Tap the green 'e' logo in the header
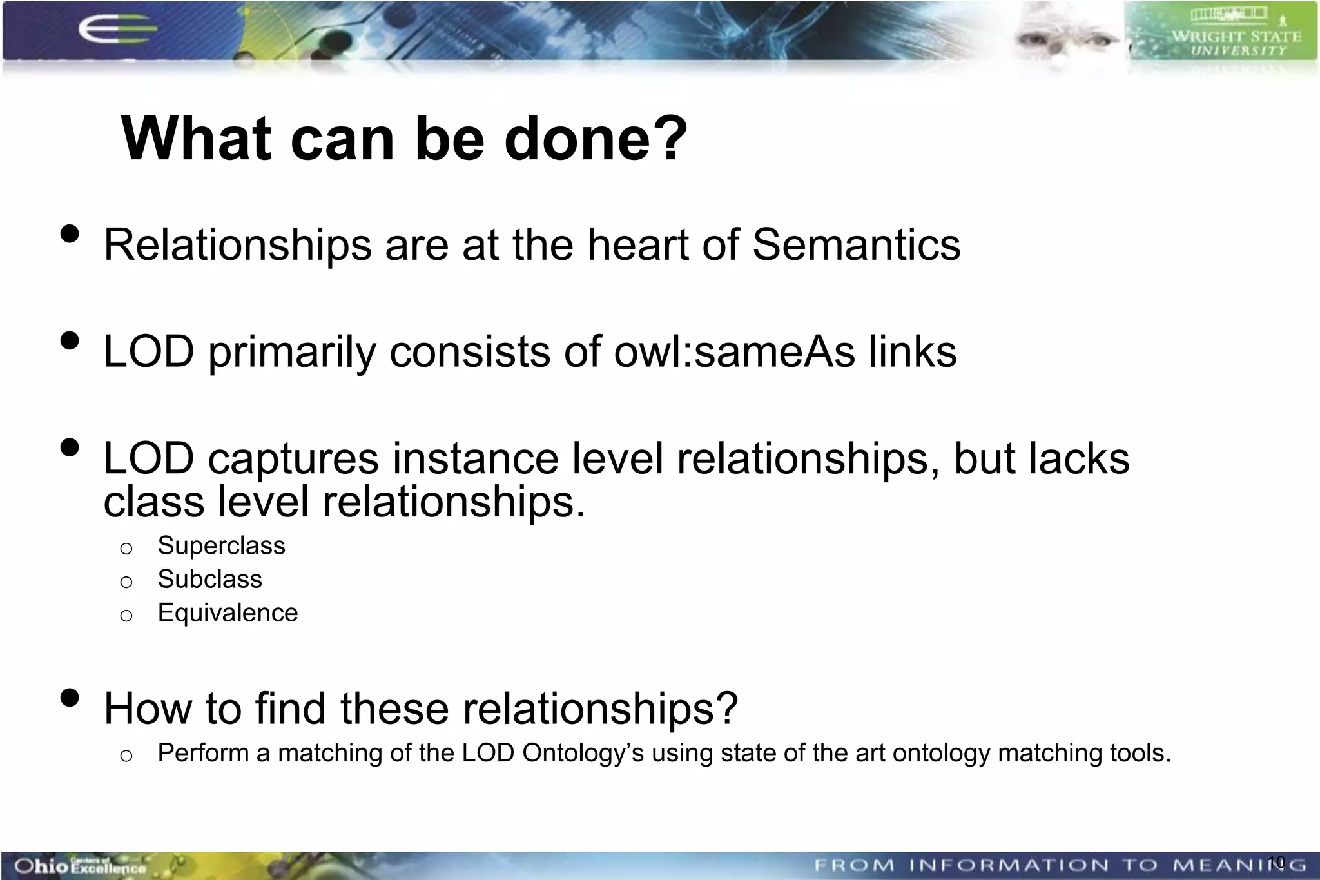117,30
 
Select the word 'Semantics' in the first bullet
856,245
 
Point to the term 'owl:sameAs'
734,352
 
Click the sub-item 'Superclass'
221,546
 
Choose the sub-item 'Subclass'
209,580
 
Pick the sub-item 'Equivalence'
228,613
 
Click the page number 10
1276,861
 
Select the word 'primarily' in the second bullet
291,352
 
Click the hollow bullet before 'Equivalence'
126,616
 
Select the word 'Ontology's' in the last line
583,753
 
